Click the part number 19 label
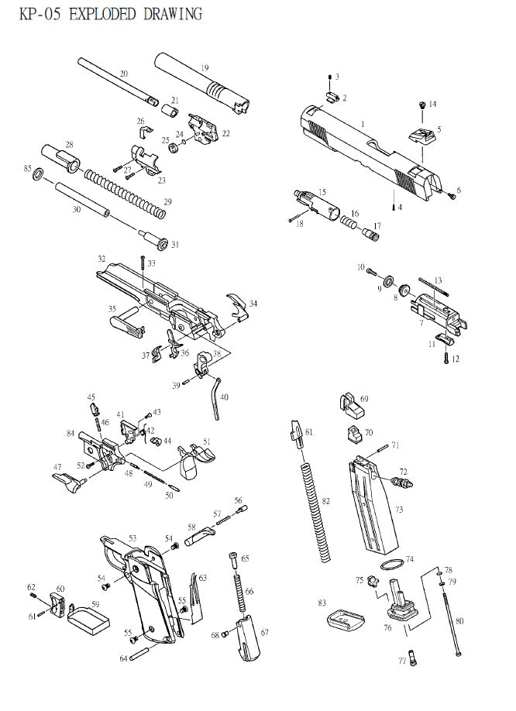pyautogui.click(x=205, y=68)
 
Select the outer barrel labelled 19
pyautogui.click(x=201, y=82)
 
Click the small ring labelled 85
pyautogui.click(x=37, y=178)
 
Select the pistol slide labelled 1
pyautogui.click(x=364, y=151)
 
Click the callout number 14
pyautogui.click(x=432, y=104)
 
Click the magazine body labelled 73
pyautogui.click(x=370, y=503)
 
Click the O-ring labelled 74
pyautogui.click(x=393, y=565)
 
